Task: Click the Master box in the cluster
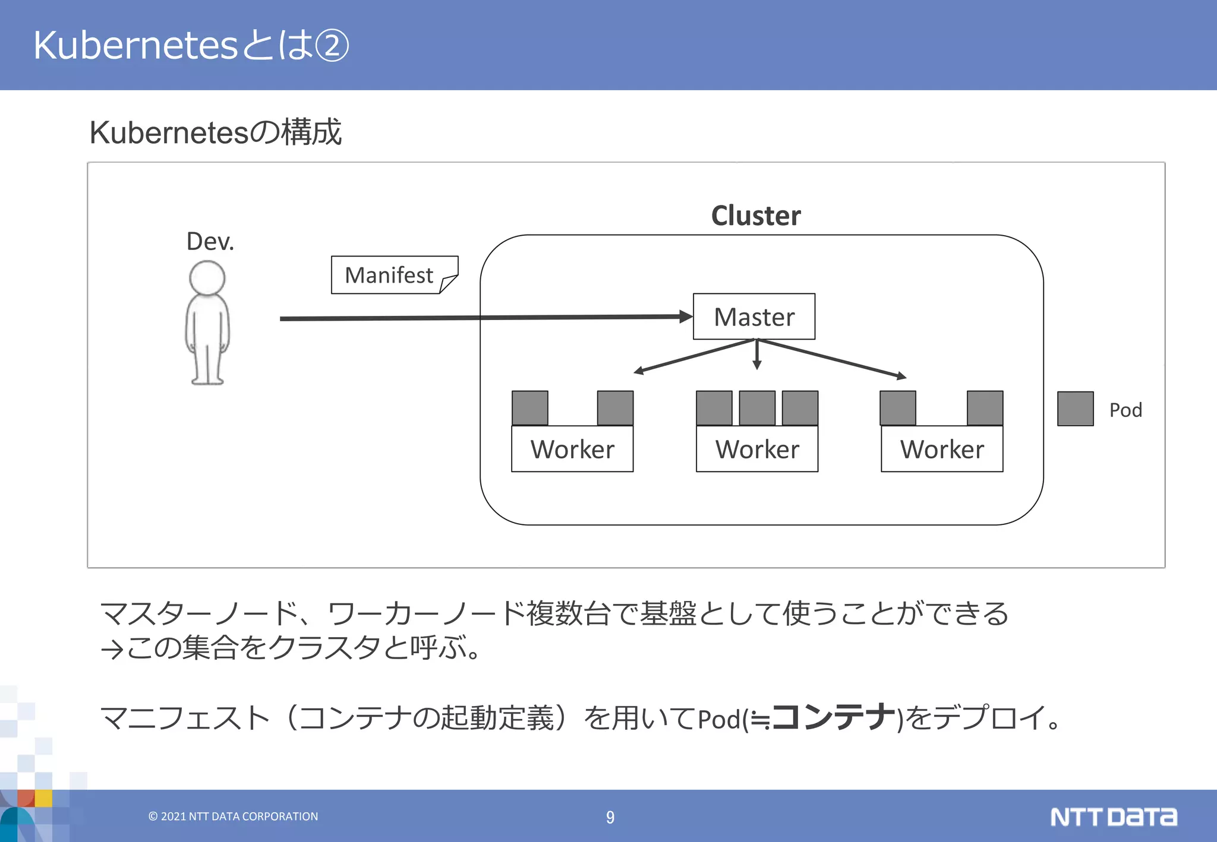coord(753,316)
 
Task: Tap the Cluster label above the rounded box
coord(755,216)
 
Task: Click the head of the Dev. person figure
coord(207,278)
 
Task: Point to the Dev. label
coord(210,242)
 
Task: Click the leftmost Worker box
coord(572,449)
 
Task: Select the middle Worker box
coord(757,449)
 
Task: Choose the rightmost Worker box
coord(942,449)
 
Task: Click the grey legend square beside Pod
coord(1075,409)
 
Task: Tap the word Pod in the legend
coord(1125,410)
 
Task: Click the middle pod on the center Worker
coord(757,408)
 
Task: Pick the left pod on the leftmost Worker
coord(530,408)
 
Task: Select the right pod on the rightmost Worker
coord(985,408)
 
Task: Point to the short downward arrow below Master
coord(756,356)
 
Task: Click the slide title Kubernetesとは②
coord(191,45)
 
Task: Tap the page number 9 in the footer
coord(610,817)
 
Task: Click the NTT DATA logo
coord(1113,817)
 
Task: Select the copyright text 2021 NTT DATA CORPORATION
coord(234,816)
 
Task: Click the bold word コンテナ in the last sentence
coord(833,717)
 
